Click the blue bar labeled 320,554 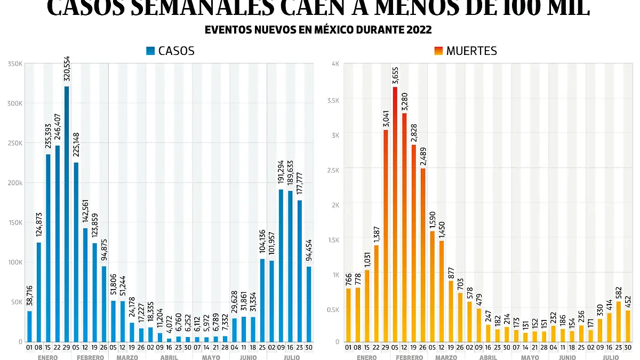(67, 213)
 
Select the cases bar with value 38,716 (29, 326)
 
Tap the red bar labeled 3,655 (395, 213)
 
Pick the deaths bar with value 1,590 (433, 286)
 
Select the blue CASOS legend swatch (150, 51)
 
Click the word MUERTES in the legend (471, 51)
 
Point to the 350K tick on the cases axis (15, 64)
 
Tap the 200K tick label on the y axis (15, 183)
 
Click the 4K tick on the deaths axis (335, 64)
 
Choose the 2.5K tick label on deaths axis (333, 170)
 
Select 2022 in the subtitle (420, 29)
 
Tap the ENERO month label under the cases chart (48, 357)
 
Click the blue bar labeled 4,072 (169, 340)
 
